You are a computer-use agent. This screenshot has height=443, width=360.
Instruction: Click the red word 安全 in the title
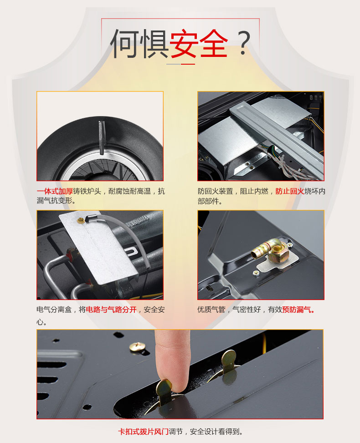pos(199,43)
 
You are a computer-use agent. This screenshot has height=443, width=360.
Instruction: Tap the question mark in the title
pos(243,42)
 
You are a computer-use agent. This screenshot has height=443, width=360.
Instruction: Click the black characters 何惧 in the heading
pos(139,43)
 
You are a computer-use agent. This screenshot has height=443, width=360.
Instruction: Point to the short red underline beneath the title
pos(188,64)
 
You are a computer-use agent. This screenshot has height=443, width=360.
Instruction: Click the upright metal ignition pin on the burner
pos(101,137)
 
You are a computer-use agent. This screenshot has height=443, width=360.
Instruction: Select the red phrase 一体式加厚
pos(55,191)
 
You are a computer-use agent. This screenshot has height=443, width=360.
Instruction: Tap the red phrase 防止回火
pos(289,191)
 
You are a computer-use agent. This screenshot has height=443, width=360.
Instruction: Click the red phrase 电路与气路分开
pos(111,310)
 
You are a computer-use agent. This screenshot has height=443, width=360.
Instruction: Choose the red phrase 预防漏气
pos(298,310)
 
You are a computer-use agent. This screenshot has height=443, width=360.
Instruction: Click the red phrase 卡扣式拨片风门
pos(143,432)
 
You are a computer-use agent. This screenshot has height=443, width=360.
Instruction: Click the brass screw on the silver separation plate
pos(82,220)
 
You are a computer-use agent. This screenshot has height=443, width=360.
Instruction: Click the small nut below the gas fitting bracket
pos(256,273)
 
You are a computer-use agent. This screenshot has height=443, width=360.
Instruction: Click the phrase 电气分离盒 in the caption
pos(54,310)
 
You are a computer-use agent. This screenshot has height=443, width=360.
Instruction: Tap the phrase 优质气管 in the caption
pos(211,310)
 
